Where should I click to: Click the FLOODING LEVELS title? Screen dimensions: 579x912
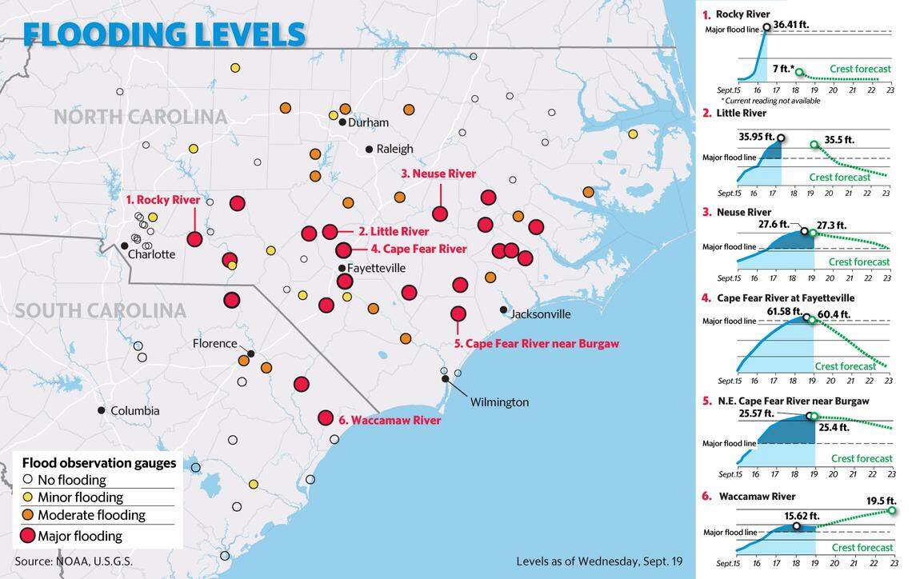click(x=164, y=34)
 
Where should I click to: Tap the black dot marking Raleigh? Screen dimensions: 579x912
click(x=369, y=149)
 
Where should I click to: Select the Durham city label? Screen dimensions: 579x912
click(x=368, y=122)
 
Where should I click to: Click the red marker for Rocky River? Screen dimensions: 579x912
click(x=194, y=238)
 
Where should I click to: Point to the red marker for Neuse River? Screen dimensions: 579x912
click(x=439, y=214)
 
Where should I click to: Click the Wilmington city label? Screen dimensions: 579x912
click(x=499, y=401)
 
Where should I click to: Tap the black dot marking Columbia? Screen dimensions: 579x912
click(x=102, y=410)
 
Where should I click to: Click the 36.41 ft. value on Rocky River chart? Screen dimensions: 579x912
click(x=790, y=25)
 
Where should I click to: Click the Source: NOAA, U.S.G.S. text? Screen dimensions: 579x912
click(x=74, y=561)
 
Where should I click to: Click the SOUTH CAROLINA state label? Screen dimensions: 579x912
click(x=100, y=310)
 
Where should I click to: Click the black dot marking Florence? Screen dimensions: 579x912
click(x=251, y=353)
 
